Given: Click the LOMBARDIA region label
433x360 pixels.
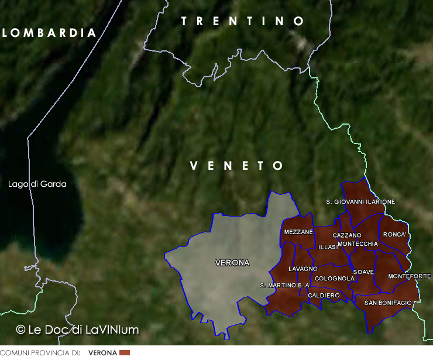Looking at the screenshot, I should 49,33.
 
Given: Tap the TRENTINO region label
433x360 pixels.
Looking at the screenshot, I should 243,22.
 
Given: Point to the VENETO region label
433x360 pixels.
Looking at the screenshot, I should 237,166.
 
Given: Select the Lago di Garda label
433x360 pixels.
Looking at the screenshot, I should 37,184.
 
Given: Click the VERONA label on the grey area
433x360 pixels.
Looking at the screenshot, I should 232,262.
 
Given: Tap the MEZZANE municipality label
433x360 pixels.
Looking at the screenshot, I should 298,232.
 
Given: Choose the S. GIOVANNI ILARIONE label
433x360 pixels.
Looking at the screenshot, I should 360,202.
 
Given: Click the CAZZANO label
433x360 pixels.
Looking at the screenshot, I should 347,235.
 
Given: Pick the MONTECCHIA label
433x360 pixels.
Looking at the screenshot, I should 358,244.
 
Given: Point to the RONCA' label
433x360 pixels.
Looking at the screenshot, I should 394,234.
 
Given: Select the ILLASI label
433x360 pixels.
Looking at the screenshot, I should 328,247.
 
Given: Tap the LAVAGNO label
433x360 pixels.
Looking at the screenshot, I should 303,269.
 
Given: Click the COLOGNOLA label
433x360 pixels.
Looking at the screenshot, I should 335,278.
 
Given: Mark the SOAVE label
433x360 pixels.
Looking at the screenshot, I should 363,272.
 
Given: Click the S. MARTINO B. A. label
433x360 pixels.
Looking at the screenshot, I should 284,285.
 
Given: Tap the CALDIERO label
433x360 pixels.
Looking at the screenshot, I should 324,296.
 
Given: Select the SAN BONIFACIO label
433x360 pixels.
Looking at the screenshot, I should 388,303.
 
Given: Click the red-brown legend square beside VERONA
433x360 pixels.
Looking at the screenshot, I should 124,353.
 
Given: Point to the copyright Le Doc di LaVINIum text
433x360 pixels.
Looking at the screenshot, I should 78,330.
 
